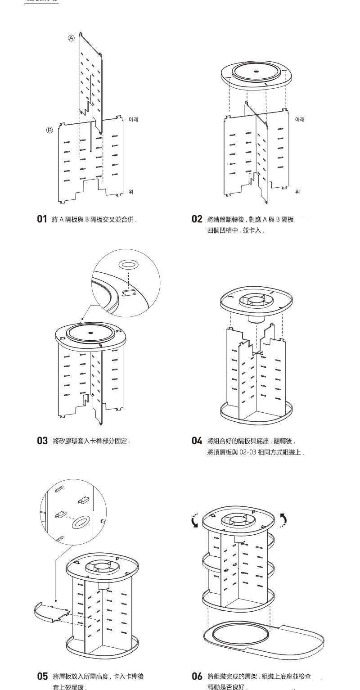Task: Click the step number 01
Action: pos(42,219)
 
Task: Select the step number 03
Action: pos(42,441)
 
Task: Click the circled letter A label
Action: pos(71,39)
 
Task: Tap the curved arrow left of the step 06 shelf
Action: pos(194,521)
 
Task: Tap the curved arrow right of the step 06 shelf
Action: pos(283,520)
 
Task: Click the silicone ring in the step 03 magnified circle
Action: pos(128,264)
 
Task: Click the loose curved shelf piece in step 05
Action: pos(50,612)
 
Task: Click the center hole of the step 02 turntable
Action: pos(256,72)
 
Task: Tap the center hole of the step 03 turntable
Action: pos(90,333)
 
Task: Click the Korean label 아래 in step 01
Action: pos(134,120)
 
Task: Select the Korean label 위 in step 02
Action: pos(297,192)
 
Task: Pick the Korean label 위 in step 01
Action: pos(131,192)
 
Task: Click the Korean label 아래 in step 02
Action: pos(300,120)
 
